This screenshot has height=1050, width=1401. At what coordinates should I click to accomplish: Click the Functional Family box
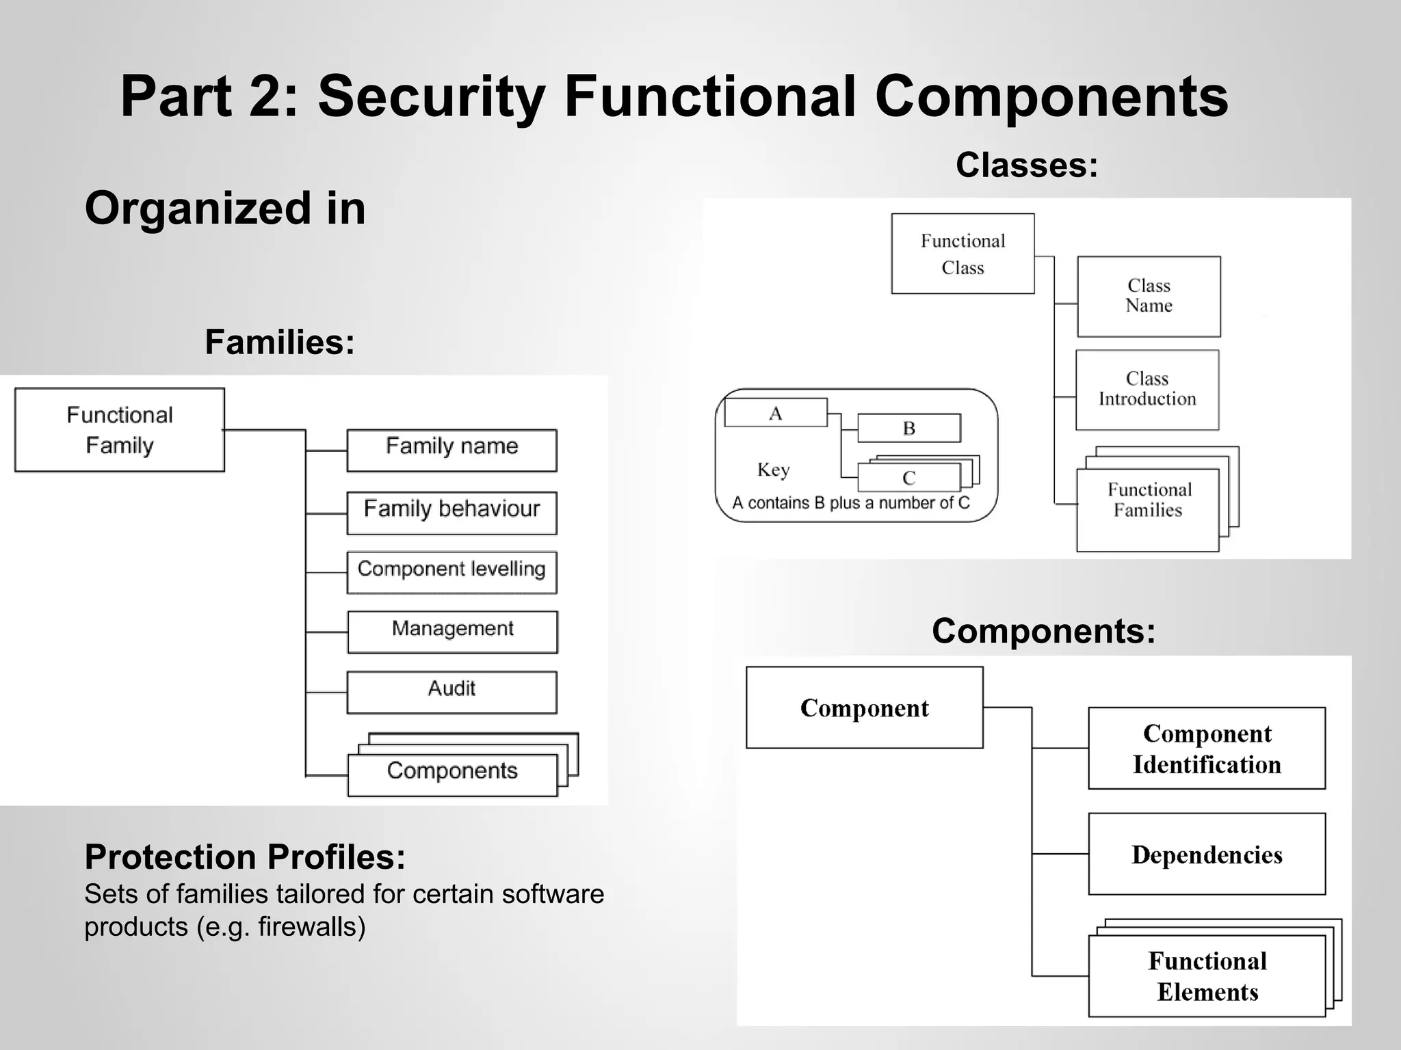click(x=120, y=430)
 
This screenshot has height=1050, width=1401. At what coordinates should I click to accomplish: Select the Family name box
click(x=451, y=450)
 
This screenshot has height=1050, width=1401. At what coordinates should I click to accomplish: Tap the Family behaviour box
click(x=451, y=513)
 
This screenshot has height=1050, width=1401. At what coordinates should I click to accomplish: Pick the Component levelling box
click(x=451, y=572)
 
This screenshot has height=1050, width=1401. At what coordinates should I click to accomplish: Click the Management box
click(x=452, y=632)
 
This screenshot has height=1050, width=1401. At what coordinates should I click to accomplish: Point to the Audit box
click(x=451, y=692)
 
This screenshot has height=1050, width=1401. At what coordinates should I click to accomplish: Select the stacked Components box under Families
click(x=452, y=775)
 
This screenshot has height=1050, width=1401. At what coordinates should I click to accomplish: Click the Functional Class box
click(x=963, y=254)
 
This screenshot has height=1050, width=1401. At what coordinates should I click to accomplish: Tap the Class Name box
click(x=1149, y=296)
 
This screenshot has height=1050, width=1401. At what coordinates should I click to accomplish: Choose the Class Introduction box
click(x=1147, y=390)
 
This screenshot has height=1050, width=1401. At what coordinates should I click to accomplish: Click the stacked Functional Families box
click(x=1148, y=509)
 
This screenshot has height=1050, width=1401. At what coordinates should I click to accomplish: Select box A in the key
click(x=775, y=413)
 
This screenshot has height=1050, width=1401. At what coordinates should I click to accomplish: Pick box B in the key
click(x=908, y=428)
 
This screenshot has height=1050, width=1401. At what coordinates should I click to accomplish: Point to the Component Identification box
click(x=1207, y=749)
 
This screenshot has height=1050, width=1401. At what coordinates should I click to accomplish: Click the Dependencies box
click(x=1207, y=854)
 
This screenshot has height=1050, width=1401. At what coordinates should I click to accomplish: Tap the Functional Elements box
click(x=1207, y=976)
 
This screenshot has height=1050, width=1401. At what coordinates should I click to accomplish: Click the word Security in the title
click(x=431, y=96)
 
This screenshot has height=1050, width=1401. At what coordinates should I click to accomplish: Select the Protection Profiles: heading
click(x=245, y=857)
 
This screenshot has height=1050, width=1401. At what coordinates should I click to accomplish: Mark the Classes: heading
click(x=1026, y=165)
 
